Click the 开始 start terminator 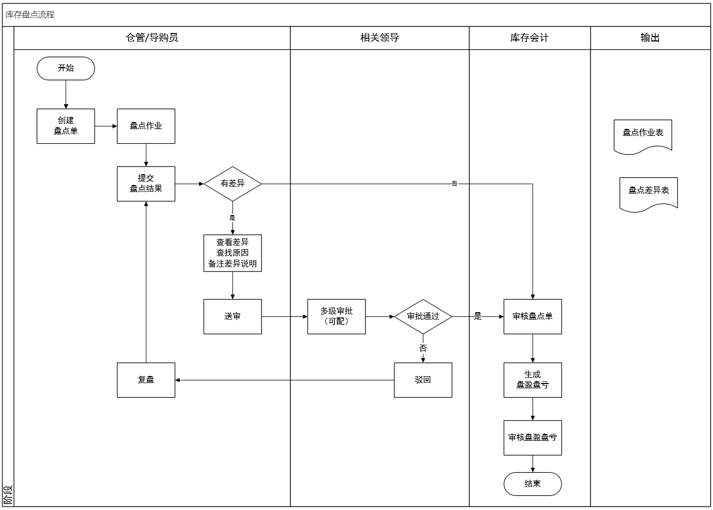[66, 69]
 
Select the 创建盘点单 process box [66, 126]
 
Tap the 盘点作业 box [146, 126]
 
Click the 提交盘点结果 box [146, 184]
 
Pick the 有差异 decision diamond [232, 184]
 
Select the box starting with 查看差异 [232, 253]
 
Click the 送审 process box [232, 316]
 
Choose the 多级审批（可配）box [336, 316]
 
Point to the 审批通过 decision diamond [423, 316]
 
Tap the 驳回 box [423, 380]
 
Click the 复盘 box [146, 380]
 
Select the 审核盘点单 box [533, 316]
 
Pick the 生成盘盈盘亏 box [533, 380]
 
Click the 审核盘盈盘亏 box [533, 438]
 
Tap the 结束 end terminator [533, 484]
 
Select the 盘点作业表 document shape [643, 135]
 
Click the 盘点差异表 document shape [648, 193]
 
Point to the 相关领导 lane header [379, 38]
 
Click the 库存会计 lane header [529, 38]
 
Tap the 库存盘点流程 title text [30, 15]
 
